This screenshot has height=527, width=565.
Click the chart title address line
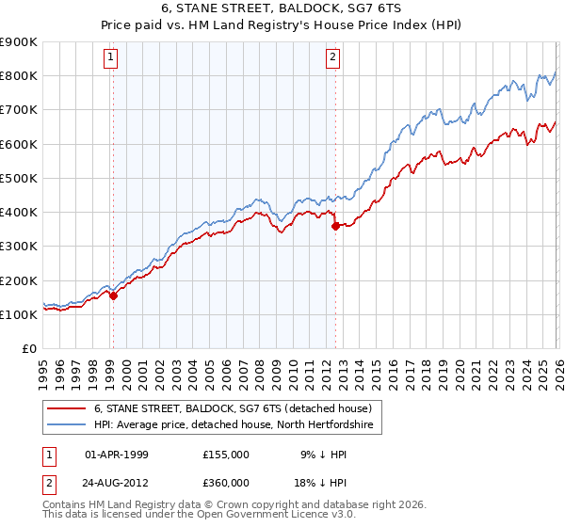click(x=282, y=8)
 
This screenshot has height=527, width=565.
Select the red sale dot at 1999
click(x=113, y=295)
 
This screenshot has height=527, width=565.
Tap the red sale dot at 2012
click(x=335, y=226)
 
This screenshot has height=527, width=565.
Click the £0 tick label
click(x=30, y=348)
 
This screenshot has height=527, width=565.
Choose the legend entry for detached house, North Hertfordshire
click(x=234, y=425)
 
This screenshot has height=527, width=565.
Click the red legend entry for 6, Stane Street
click(x=234, y=408)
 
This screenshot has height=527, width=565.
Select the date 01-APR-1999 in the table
click(x=117, y=454)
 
